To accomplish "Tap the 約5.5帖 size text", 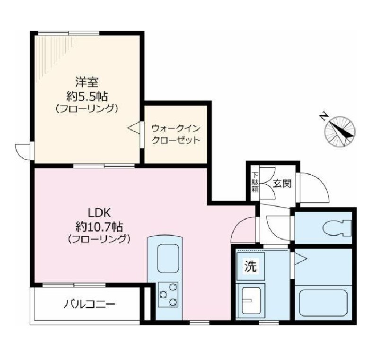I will pyautogui.click(x=87, y=96).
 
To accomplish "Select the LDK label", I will pyautogui.click(x=98, y=212).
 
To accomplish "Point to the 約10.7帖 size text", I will pyautogui.click(x=98, y=225).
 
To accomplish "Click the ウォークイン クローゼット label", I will pyautogui.click(x=175, y=134).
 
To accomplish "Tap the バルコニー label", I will pyautogui.click(x=89, y=303).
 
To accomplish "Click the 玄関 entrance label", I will pyautogui.click(x=282, y=183).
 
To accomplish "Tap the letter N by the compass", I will pyautogui.click(x=324, y=116).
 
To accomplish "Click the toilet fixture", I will pyautogui.click(x=336, y=229).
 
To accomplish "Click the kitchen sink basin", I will pyautogui.click(x=168, y=257).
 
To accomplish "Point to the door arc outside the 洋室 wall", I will pyautogui.click(x=22, y=150).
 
